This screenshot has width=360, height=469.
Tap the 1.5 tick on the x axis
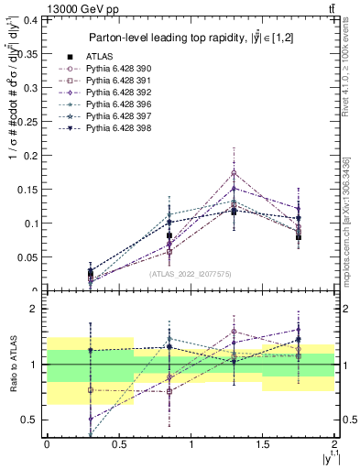(262, 444)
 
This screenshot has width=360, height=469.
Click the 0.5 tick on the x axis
(118, 444)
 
